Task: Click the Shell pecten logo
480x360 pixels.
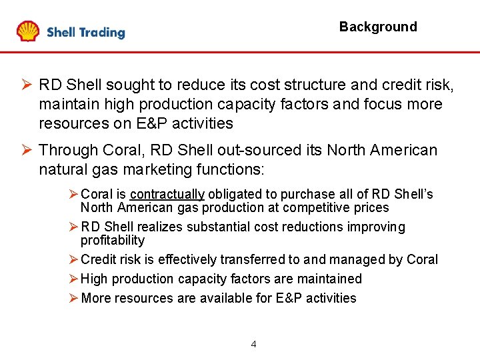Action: (x=28, y=31)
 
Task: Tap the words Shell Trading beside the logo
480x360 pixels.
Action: (x=85, y=33)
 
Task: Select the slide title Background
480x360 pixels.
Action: (x=377, y=27)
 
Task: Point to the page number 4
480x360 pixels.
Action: (x=253, y=344)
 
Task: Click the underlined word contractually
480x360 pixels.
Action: (x=167, y=195)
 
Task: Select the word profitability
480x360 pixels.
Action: (x=112, y=240)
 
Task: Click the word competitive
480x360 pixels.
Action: (x=314, y=208)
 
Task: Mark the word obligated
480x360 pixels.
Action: (x=234, y=195)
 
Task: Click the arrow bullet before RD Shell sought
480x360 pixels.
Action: (x=25, y=85)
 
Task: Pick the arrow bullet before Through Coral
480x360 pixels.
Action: (x=25, y=150)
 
